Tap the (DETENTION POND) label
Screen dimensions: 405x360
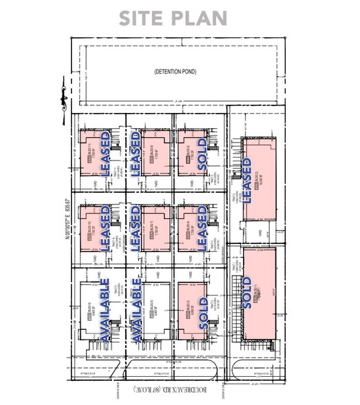coord(177,72)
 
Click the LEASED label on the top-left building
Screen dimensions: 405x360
coord(105,155)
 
